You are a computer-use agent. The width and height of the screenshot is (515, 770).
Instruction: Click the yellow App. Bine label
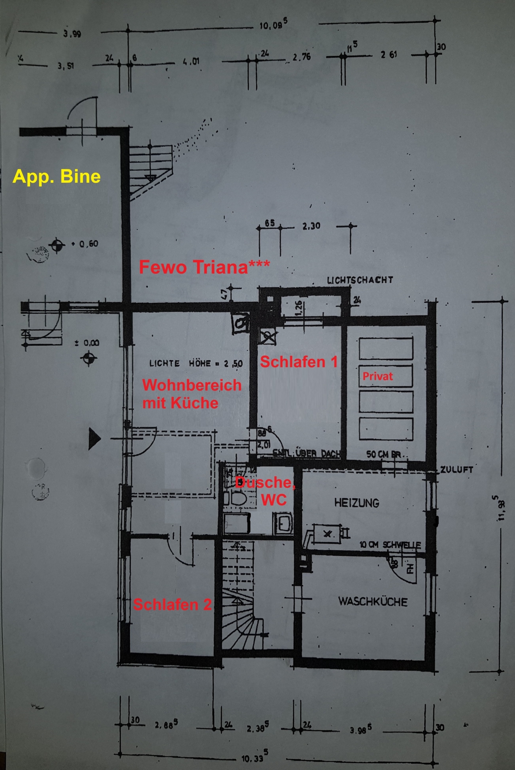pyautogui.click(x=56, y=176)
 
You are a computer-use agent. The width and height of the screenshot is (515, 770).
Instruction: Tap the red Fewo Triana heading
pyautogui.click(x=204, y=267)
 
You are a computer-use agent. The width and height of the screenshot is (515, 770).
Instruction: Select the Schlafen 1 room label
pyautogui.click(x=299, y=362)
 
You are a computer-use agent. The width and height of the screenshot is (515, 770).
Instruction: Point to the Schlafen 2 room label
pyautogui.click(x=172, y=604)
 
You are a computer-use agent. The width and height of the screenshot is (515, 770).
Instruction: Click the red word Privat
pyautogui.click(x=377, y=376)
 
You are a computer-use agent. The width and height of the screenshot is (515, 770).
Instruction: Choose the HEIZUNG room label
pyautogui.click(x=356, y=503)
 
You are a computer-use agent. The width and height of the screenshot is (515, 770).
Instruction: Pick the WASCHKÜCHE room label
pyautogui.click(x=373, y=602)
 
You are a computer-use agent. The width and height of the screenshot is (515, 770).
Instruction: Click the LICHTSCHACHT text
pyautogui.click(x=360, y=280)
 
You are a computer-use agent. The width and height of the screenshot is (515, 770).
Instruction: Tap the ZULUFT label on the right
pyautogui.click(x=456, y=470)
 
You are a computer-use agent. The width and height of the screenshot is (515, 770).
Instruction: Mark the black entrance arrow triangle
pyautogui.click(x=94, y=438)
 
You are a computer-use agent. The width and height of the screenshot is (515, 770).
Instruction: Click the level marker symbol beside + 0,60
pyautogui.click(x=57, y=244)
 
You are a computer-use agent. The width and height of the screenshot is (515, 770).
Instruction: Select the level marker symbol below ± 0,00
pyautogui.click(x=89, y=358)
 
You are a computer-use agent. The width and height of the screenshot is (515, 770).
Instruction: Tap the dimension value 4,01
pyautogui.click(x=191, y=62)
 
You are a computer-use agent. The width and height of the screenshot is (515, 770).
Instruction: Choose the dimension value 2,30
pyautogui.click(x=311, y=226)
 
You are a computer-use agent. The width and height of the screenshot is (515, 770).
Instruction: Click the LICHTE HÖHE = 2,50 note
pyautogui.click(x=196, y=364)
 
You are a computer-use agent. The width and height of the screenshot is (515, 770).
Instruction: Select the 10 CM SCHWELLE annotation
pyautogui.click(x=390, y=545)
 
